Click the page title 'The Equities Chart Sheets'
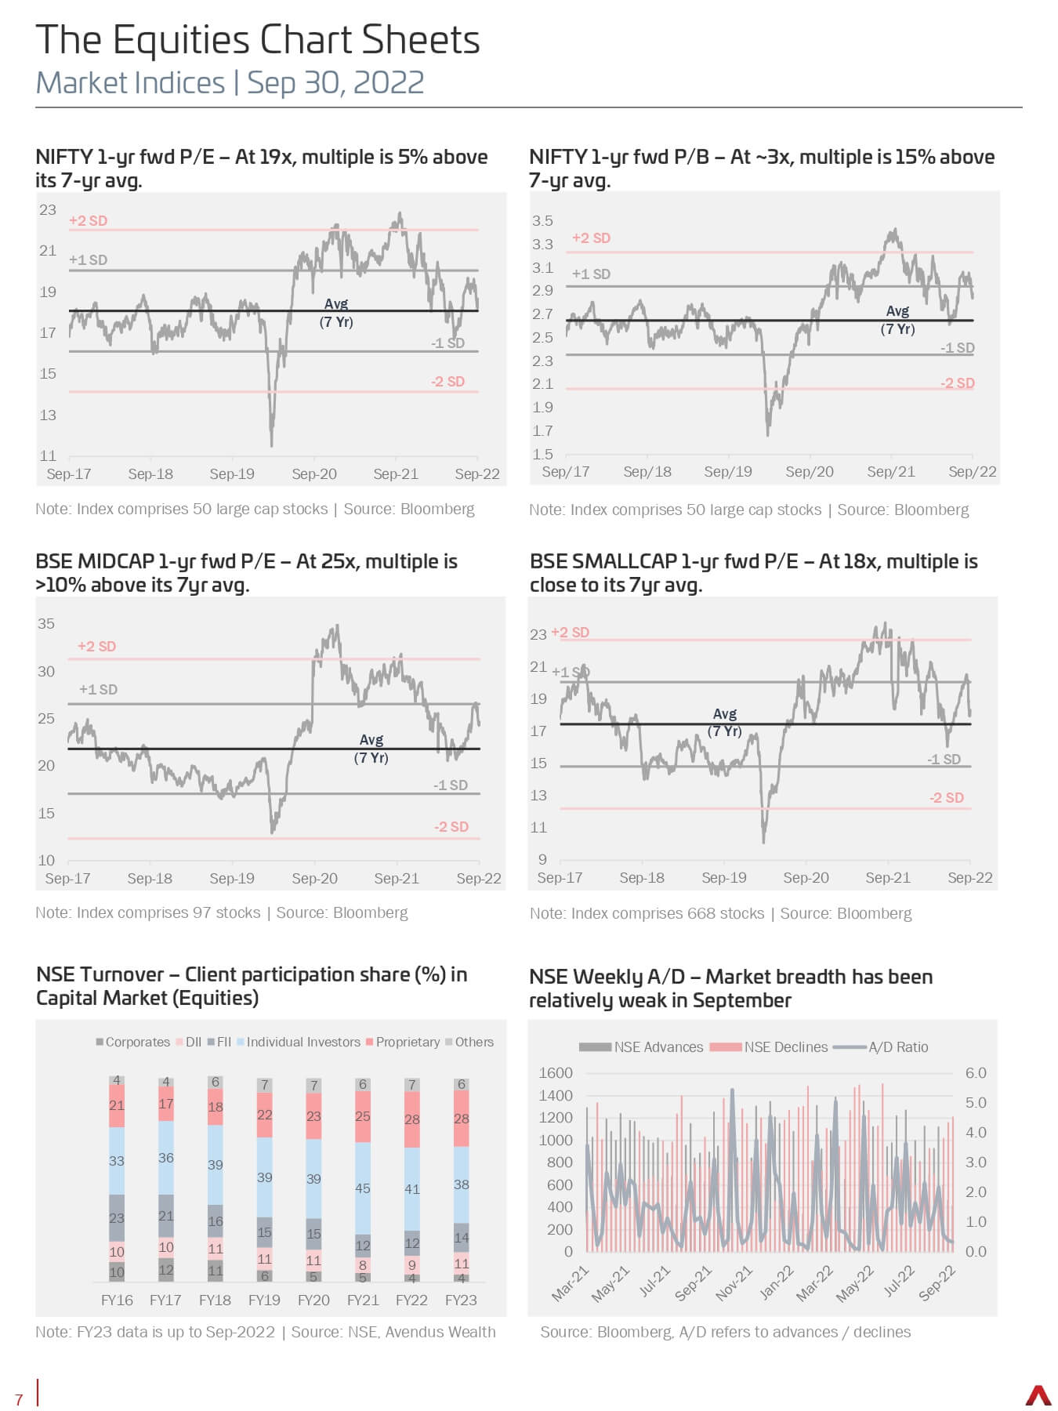pyautogui.click(x=258, y=40)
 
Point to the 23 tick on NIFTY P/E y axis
pyautogui.click(x=48, y=209)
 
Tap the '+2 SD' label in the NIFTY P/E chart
pyautogui.click(x=88, y=220)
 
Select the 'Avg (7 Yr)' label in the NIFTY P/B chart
pyautogui.click(x=897, y=320)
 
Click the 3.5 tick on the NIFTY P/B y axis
pyautogui.click(x=542, y=220)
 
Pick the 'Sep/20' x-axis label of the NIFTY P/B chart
pyautogui.click(x=810, y=471)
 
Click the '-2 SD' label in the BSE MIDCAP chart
pyautogui.click(x=451, y=826)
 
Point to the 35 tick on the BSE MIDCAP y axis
pyautogui.click(x=46, y=623)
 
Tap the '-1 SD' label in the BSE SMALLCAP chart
pyautogui.click(x=944, y=759)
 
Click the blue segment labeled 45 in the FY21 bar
pyautogui.click(x=363, y=1188)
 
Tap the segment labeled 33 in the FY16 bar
pyautogui.click(x=117, y=1161)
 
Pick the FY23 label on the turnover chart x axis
pyautogui.click(x=461, y=1300)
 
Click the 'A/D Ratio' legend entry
pyautogui.click(x=880, y=1046)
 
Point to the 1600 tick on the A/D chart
pyautogui.click(x=556, y=1072)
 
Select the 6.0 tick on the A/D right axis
pyautogui.click(x=976, y=1072)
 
